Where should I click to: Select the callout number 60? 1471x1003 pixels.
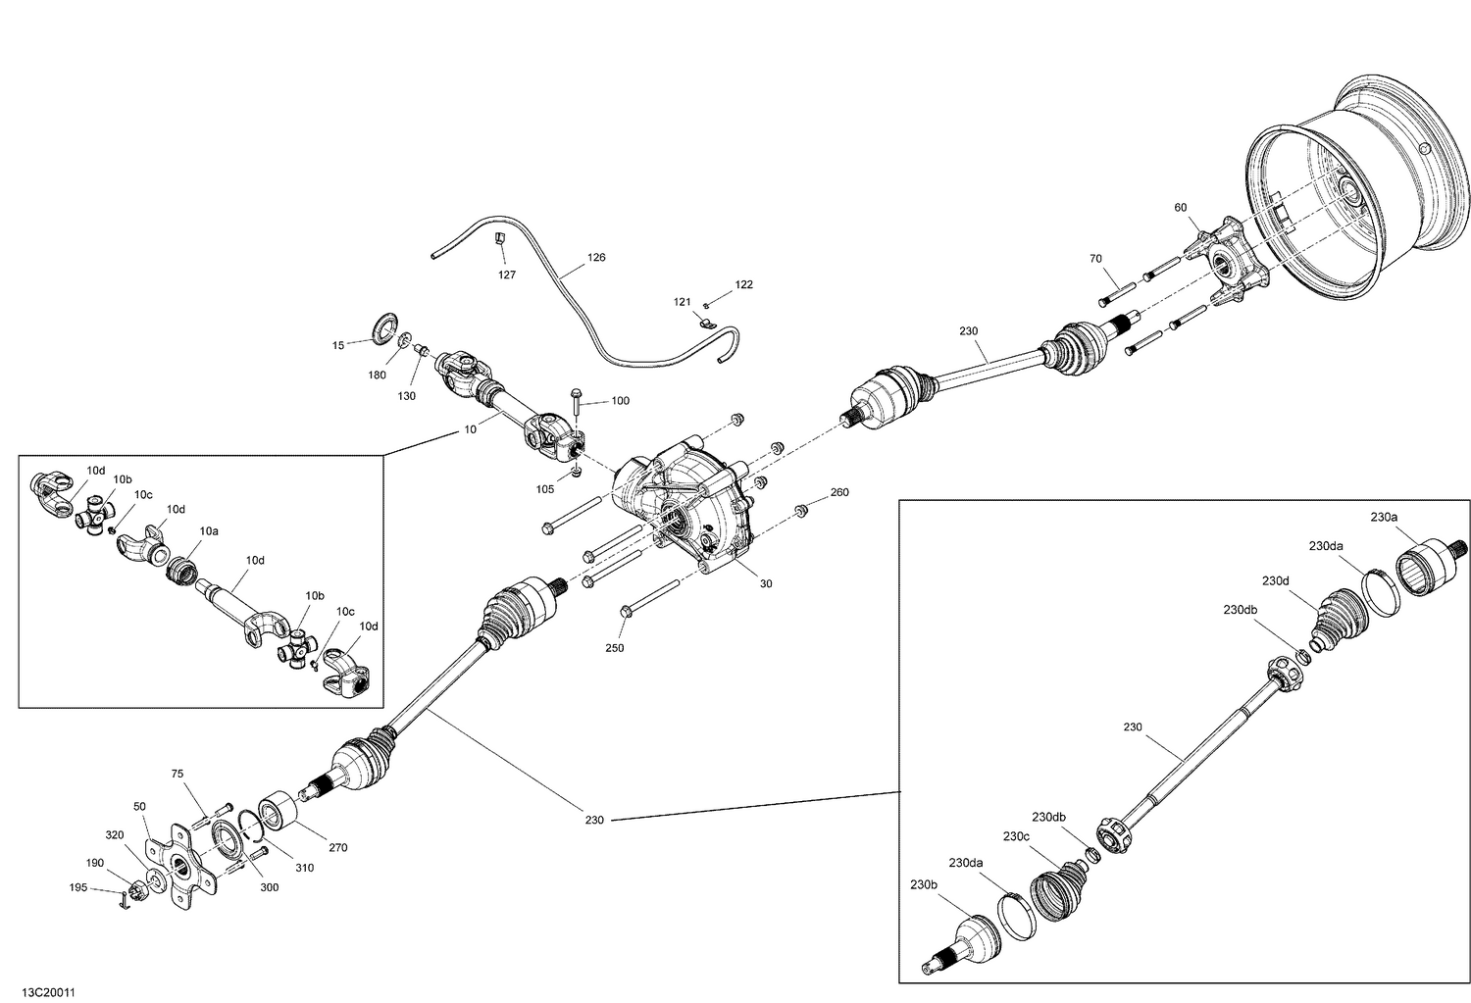pos(1180,207)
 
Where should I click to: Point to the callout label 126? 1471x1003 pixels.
pos(596,258)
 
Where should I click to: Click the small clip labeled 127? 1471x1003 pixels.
pos(498,238)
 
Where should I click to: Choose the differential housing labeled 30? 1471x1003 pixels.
pos(686,500)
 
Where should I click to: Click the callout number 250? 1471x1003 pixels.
pos(615,648)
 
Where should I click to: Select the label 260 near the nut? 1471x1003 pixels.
pos(839,492)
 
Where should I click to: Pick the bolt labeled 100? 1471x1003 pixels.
pos(576,397)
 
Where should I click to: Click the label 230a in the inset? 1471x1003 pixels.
pos(1385,517)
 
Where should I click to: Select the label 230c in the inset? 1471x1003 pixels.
pos(1016,836)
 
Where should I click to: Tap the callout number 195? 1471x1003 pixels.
pos(78,887)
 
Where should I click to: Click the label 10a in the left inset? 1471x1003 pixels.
pos(209,530)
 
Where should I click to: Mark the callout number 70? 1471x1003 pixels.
pos(1095,259)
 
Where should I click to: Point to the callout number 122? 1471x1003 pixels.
pos(743,284)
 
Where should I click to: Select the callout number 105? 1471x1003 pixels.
pos(546,488)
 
